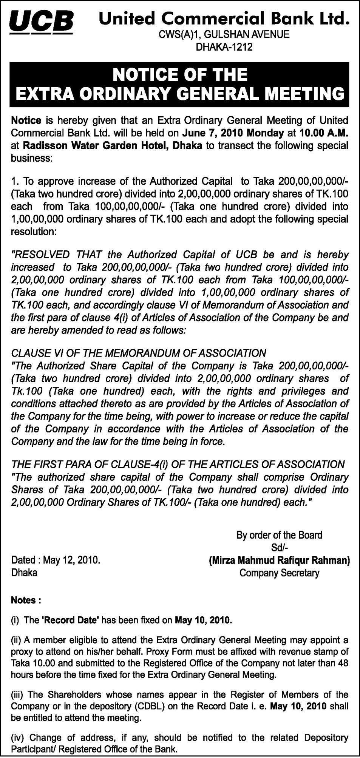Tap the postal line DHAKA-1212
tap(224, 47)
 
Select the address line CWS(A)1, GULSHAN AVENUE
tap(224, 35)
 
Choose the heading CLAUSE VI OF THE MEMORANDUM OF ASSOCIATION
tap(139, 353)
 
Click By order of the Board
tap(279, 535)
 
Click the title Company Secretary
tap(280, 573)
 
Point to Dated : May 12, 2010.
tap(56, 560)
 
